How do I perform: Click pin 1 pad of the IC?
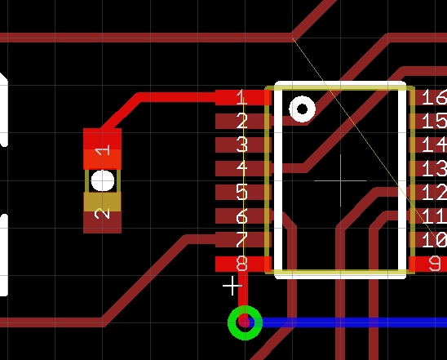coord(243,98)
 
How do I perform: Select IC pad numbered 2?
coord(243,122)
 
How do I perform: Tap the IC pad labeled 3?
coord(243,145)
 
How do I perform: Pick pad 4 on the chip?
coord(243,169)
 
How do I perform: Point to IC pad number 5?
coord(243,193)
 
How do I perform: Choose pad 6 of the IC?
coord(243,216)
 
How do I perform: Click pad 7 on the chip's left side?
coord(243,240)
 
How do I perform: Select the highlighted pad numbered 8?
coord(243,264)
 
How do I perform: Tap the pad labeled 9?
coord(427,264)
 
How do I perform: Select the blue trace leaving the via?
coord(353,322)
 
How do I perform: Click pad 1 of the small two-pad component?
coord(102,149)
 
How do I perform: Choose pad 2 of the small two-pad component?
coord(102,213)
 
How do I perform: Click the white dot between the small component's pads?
coord(103,181)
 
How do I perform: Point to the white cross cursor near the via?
coord(232,285)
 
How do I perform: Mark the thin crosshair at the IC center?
coord(341,180)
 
